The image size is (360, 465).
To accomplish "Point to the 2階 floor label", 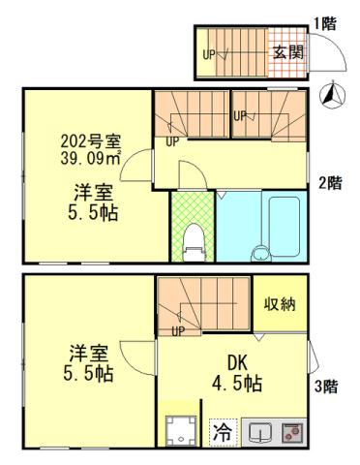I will pyautogui.click(x=330, y=181).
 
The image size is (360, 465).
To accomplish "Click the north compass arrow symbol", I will pyautogui.click(x=329, y=95).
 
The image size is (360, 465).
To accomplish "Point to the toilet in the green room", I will pyautogui.click(x=193, y=237).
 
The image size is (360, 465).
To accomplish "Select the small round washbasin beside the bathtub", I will pyautogui.click(x=258, y=254).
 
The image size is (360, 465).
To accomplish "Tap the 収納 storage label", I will pyautogui.click(x=281, y=303).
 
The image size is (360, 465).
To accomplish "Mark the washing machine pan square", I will pyautogui.click(x=180, y=430).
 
